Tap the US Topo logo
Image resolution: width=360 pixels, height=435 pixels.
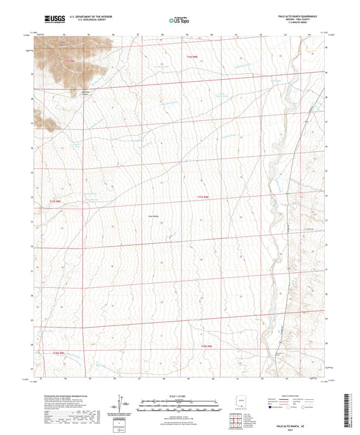(x=177, y=21)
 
